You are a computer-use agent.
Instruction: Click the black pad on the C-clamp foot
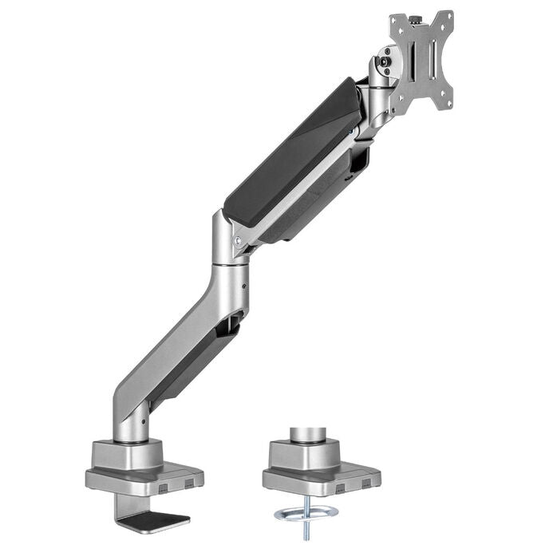[163, 520]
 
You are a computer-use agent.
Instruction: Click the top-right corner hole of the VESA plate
[448, 17]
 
